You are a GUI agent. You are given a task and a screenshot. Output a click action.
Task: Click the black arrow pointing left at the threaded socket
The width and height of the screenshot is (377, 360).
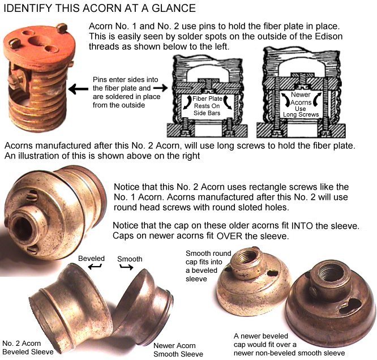(x=78, y=89)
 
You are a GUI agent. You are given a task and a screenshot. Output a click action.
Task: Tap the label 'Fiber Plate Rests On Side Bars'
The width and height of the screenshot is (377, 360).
(x=207, y=106)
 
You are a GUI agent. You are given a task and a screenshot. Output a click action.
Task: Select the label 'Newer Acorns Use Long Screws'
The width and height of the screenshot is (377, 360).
(x=301, y=105)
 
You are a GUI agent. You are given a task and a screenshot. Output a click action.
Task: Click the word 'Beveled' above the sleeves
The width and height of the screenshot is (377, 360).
(x=91, y=259)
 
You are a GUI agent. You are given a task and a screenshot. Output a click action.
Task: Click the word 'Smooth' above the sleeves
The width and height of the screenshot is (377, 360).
(x=130, y=259)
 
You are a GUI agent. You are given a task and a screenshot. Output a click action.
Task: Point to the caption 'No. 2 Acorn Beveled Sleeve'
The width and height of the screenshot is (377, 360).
(x=28, y=348)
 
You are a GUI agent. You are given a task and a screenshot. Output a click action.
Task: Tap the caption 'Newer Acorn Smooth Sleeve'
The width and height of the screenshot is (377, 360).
(x=178, y=350)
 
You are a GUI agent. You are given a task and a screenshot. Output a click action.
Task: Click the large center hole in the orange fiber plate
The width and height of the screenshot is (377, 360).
(x=39, y=41)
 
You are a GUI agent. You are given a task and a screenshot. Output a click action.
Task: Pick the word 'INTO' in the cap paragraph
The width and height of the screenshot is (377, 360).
(x=302, y=226)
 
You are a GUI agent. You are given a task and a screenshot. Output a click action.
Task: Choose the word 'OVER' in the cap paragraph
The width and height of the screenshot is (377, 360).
(x=229, y=236)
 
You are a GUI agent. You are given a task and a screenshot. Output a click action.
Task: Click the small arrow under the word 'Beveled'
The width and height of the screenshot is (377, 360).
(x=95, y=266)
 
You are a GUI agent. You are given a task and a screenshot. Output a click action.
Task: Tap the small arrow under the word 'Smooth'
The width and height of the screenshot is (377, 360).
(x=126, y=267)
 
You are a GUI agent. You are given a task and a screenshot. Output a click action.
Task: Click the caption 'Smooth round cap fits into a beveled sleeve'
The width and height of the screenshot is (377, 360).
(x=208, y=266)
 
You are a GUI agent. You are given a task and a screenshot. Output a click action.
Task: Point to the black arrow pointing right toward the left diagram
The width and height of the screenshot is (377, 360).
(x=161, y=88)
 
